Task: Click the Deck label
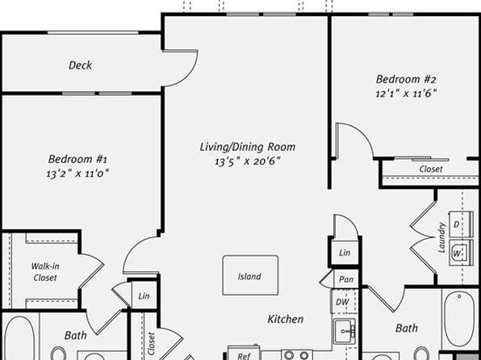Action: [x=80, y=65]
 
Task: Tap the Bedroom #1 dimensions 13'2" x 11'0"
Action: [x=77, y=174]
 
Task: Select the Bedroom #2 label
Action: [x=405, y=79]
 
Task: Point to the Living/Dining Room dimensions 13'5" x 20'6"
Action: [x=248, y=161]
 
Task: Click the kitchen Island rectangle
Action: [x=250, y=275]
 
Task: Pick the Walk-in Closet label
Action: [x=45, y=272]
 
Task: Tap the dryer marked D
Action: [x=461, y=224]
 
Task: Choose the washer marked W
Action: [x=461, y=253]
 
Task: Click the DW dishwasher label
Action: [x=342, y=302]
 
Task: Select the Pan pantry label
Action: [x=345, y=279]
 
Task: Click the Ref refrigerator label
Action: [x=245, y=356]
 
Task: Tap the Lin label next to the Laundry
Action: [x=345, y=253]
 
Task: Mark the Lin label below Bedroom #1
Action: [x=144, y=296]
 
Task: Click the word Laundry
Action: [x=441, y=237]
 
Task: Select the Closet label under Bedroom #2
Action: [x=431, y=170]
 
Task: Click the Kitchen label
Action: [x=285, y=319]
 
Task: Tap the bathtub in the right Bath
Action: [x=459, y=320]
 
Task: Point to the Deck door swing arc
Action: [x=190, y=77]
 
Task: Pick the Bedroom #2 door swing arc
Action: [x=365, y=132]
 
